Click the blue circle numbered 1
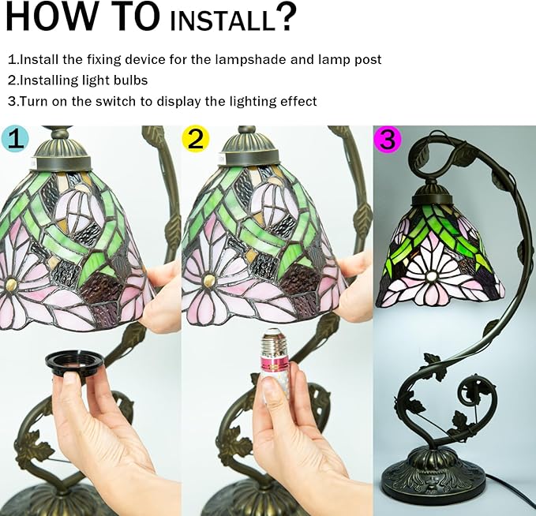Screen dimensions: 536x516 pyautogui.click(x=15, y=138)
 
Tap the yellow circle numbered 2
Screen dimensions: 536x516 pyautogui.click(x=195, y=138)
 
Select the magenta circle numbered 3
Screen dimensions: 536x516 pyautogui.click(x=388, y=138)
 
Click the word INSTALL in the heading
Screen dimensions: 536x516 pyautogui.click(x=222, y=21)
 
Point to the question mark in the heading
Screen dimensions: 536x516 pyautogui.click(x=286, y=17)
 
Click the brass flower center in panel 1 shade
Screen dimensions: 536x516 pyautogui.click(x=12, y=283)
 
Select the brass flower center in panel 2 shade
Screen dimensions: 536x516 pyautogui.click(x=208, y=280)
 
